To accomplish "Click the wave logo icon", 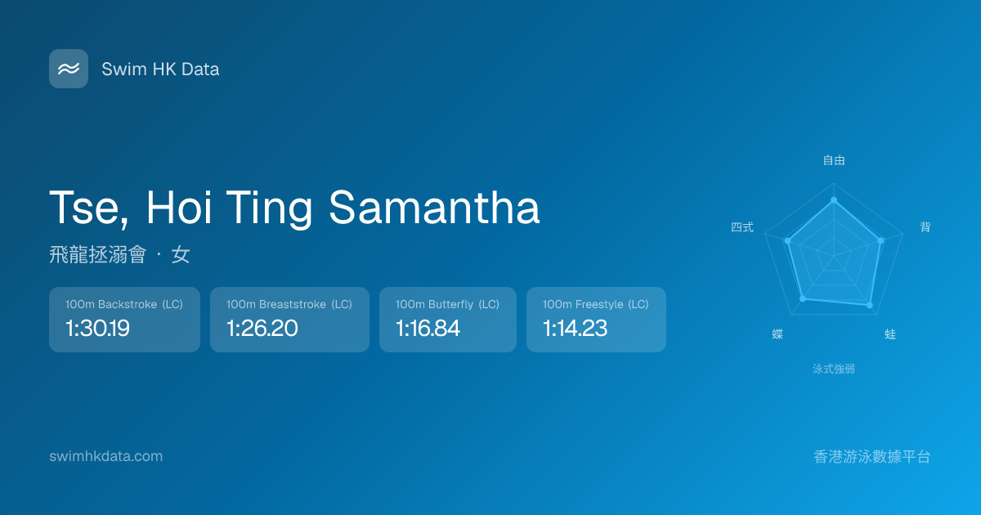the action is [69, 69].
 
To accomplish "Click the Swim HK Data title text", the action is [160, 69].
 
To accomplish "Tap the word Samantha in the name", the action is [434, 208].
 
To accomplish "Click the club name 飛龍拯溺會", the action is [97, 254].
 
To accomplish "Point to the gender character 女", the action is [181, 254].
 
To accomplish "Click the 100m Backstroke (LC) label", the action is [124, 304].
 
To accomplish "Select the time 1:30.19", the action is [97, 328].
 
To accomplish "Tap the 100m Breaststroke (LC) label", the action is [289, 304].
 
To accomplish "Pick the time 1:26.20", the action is [262, 328].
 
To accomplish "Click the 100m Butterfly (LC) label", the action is [448, 304].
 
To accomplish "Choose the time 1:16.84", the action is [428, 328].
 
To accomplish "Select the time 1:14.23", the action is [575, 328].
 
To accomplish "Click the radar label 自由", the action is [834, 160].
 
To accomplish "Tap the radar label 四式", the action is [742, 227].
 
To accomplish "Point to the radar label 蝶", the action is [777, 334].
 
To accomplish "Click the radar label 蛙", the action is [890, 334].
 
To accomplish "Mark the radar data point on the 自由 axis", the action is [834, 200].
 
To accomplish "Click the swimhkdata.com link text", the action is [106, 456].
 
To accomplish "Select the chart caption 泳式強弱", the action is [834, 369].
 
